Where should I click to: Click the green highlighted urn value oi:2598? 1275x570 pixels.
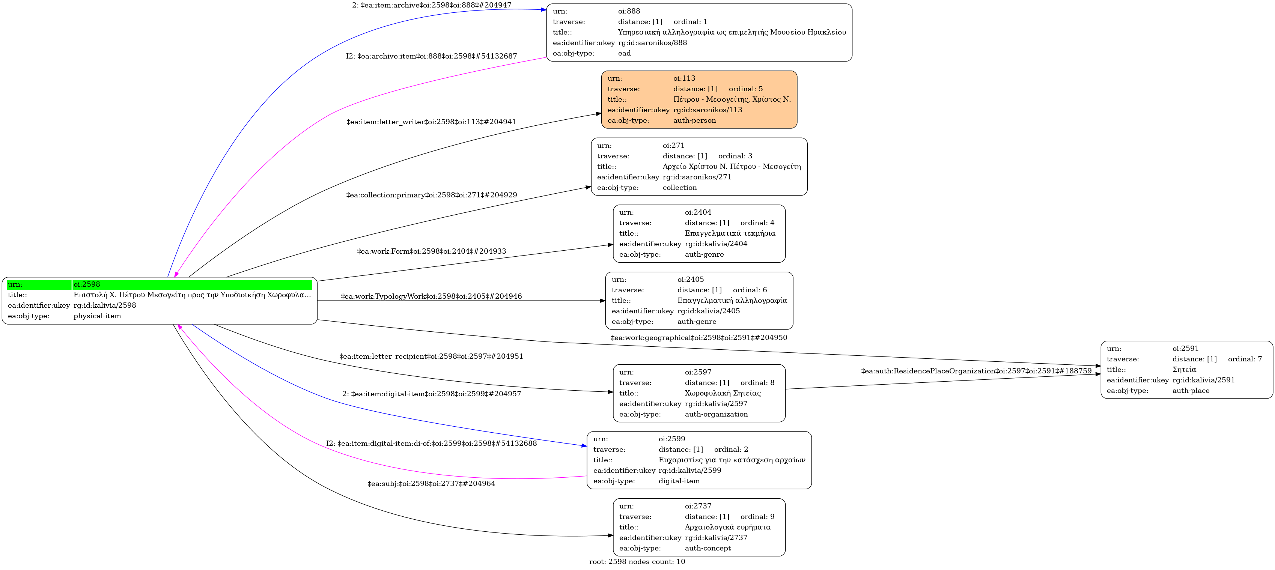point(87,284)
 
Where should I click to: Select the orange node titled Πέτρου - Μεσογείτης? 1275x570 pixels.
point(699,99)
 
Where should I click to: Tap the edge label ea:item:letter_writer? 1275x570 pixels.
point(431,122)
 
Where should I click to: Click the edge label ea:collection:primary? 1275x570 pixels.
point(432,195)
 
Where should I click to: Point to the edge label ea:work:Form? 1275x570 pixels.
point(432,251)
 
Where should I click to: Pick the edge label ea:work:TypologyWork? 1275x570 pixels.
point(431,296)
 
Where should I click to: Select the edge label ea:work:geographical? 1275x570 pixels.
point(698,337)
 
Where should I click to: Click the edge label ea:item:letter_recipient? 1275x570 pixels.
point(431,356)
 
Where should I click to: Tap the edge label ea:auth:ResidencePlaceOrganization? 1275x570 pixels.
point(976,371)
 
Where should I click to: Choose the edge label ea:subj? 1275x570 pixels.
point(431,483)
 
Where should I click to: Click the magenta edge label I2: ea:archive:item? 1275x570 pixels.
point(431,56)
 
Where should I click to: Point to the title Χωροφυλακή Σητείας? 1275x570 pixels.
point(723,393)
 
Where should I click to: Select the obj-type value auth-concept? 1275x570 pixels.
point(708,548)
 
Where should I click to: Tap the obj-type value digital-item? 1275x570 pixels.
point(679,481)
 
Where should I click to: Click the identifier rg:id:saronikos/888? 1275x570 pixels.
point(652,42)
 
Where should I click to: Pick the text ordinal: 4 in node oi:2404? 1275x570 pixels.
point(757,223)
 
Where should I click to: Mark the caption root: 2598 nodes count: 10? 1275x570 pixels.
point(637,562)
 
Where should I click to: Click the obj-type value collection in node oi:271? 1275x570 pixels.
point(680,188)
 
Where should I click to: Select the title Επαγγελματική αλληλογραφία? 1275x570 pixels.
point(732,300)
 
